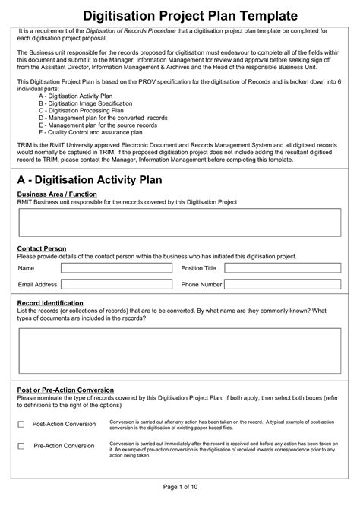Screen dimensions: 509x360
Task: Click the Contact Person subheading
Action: (x=42, y=248)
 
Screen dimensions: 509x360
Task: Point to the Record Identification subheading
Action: (x=50, y=302)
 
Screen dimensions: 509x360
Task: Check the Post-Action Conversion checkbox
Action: (x=21, y=424)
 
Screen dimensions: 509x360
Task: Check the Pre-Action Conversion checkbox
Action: (x=21, y=446)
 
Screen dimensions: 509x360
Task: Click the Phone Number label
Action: (x=201, y=285)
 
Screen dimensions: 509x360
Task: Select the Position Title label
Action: (x=199, y=268)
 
